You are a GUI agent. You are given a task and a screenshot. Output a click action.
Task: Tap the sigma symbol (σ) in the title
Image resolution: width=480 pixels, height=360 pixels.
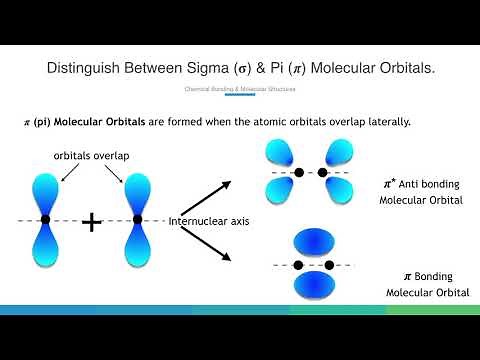point(274,68)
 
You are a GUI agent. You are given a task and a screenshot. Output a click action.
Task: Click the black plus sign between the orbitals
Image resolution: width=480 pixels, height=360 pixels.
point(91,221)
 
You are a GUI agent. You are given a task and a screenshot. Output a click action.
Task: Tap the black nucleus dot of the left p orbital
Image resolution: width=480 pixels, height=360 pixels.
point(45,219)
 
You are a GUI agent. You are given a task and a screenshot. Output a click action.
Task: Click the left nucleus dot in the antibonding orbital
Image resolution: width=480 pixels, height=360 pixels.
point(298,173)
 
